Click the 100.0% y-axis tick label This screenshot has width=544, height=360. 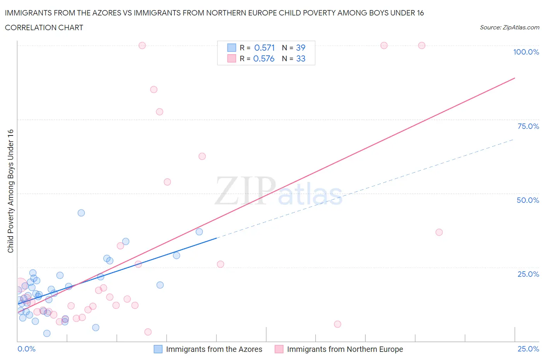coord(526,52)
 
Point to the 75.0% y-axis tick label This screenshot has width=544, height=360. coord(528,126)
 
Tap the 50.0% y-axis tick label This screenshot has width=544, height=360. coord(528,200)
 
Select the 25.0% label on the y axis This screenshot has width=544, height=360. coord(528,274)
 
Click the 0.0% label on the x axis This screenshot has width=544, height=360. coord(26,349)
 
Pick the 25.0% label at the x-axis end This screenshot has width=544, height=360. coord(528,349)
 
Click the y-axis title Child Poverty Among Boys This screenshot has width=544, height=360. coord(10,191)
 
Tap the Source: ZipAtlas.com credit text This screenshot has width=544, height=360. coord(509,27)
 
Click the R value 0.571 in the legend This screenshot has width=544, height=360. coord(264,48)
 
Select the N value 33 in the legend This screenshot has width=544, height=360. coord(301,58)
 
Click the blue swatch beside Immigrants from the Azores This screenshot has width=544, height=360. coord(158,349)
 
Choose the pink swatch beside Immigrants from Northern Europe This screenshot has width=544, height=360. coord(279,349)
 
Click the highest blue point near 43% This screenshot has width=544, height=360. coord(81,213)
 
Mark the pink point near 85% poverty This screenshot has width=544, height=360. coord(154,89)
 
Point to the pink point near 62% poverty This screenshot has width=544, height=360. coord(202,156)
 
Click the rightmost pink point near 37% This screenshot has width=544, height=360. coord(439,232)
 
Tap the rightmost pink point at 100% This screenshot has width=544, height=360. coord(422,45)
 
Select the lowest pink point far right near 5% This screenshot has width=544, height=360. coord(337,324)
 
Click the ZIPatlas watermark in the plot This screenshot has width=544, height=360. coord(279,192)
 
